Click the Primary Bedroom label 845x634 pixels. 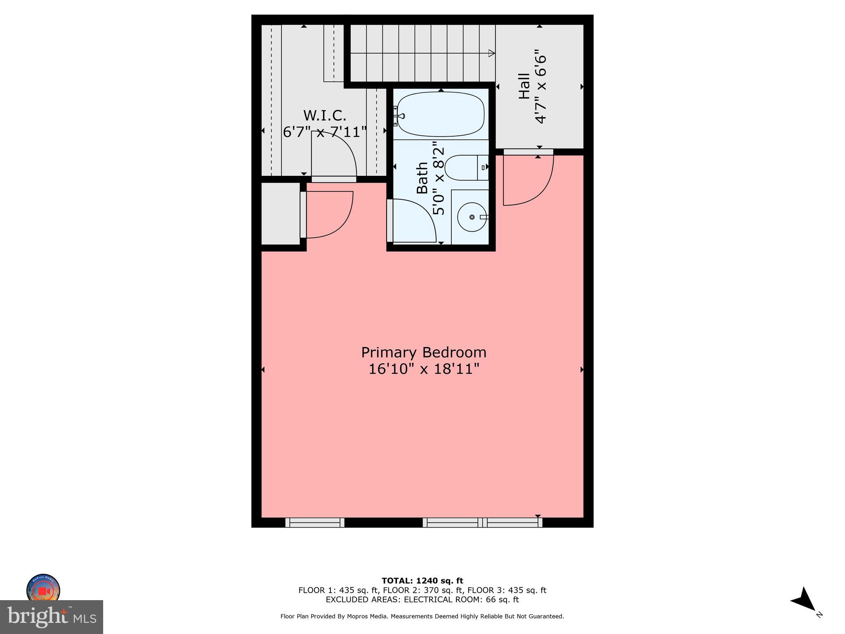pos(424,352)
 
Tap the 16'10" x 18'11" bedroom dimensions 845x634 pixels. pos(424,369)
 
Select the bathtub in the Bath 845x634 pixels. pos(441,114)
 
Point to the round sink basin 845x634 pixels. pos(472,217)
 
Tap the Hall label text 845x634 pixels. pos(524,86)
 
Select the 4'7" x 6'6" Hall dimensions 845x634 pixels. pos(541,87)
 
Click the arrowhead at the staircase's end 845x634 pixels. pos(491,53)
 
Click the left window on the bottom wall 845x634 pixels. pos(315,523)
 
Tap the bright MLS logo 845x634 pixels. pos(51,617)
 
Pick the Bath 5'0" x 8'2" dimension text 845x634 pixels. pos(439,178)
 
